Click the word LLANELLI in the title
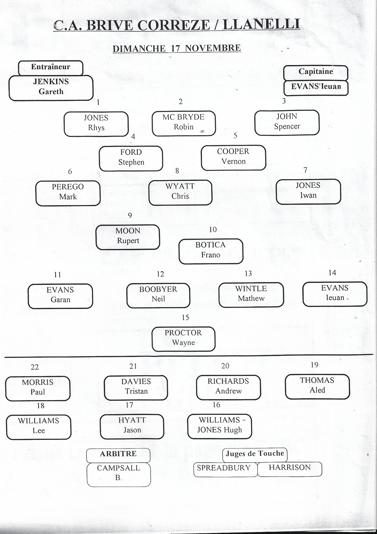coord(261,25)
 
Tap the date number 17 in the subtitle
coord(175,48)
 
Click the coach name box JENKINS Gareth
coord(51,88)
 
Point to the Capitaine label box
coord(316,73)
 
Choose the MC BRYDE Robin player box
coord(184,123)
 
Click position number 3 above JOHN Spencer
coord(284,101)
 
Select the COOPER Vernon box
coord(233,158)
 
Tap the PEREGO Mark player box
coord(68,193)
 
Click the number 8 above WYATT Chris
coord(177,171)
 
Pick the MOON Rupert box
coord(128,237)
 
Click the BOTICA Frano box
coord(211,251)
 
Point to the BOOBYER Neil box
coord(158,296)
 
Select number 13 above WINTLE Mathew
coord(248,273)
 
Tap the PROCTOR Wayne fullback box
coord(183,339)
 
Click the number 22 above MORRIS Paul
coord(35,367)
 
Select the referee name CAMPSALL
coord(119,468)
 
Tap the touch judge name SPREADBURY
coord(224,468)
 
